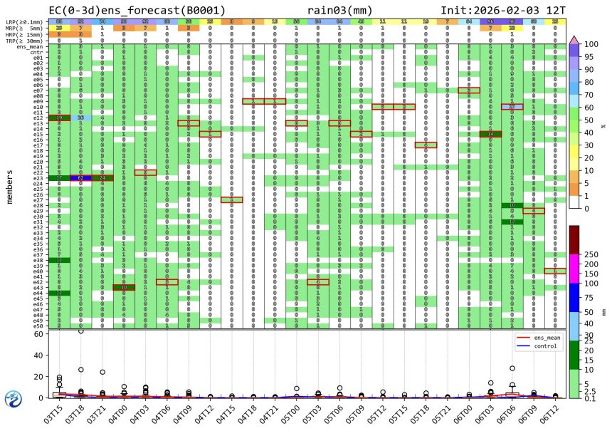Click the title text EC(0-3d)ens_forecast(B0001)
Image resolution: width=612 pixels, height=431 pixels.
(137, 11)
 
